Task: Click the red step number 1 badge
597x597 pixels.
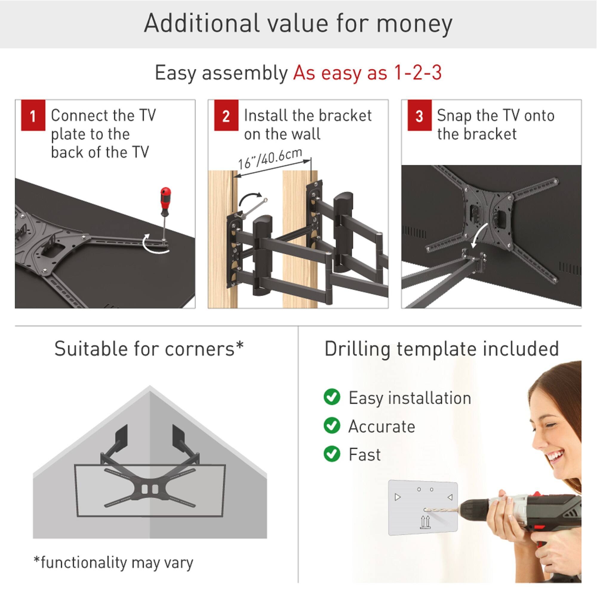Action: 33,115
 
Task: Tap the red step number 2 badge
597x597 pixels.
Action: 226,115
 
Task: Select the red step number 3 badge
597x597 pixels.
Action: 419,115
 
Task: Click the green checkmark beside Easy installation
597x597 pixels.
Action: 332,397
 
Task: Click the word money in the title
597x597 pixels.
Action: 414,24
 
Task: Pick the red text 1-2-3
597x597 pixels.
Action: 418,73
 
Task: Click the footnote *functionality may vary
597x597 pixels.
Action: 113,562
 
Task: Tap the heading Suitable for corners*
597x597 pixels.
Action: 149,349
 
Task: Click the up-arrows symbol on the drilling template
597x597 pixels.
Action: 425,522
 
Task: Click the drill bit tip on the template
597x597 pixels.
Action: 426,510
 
